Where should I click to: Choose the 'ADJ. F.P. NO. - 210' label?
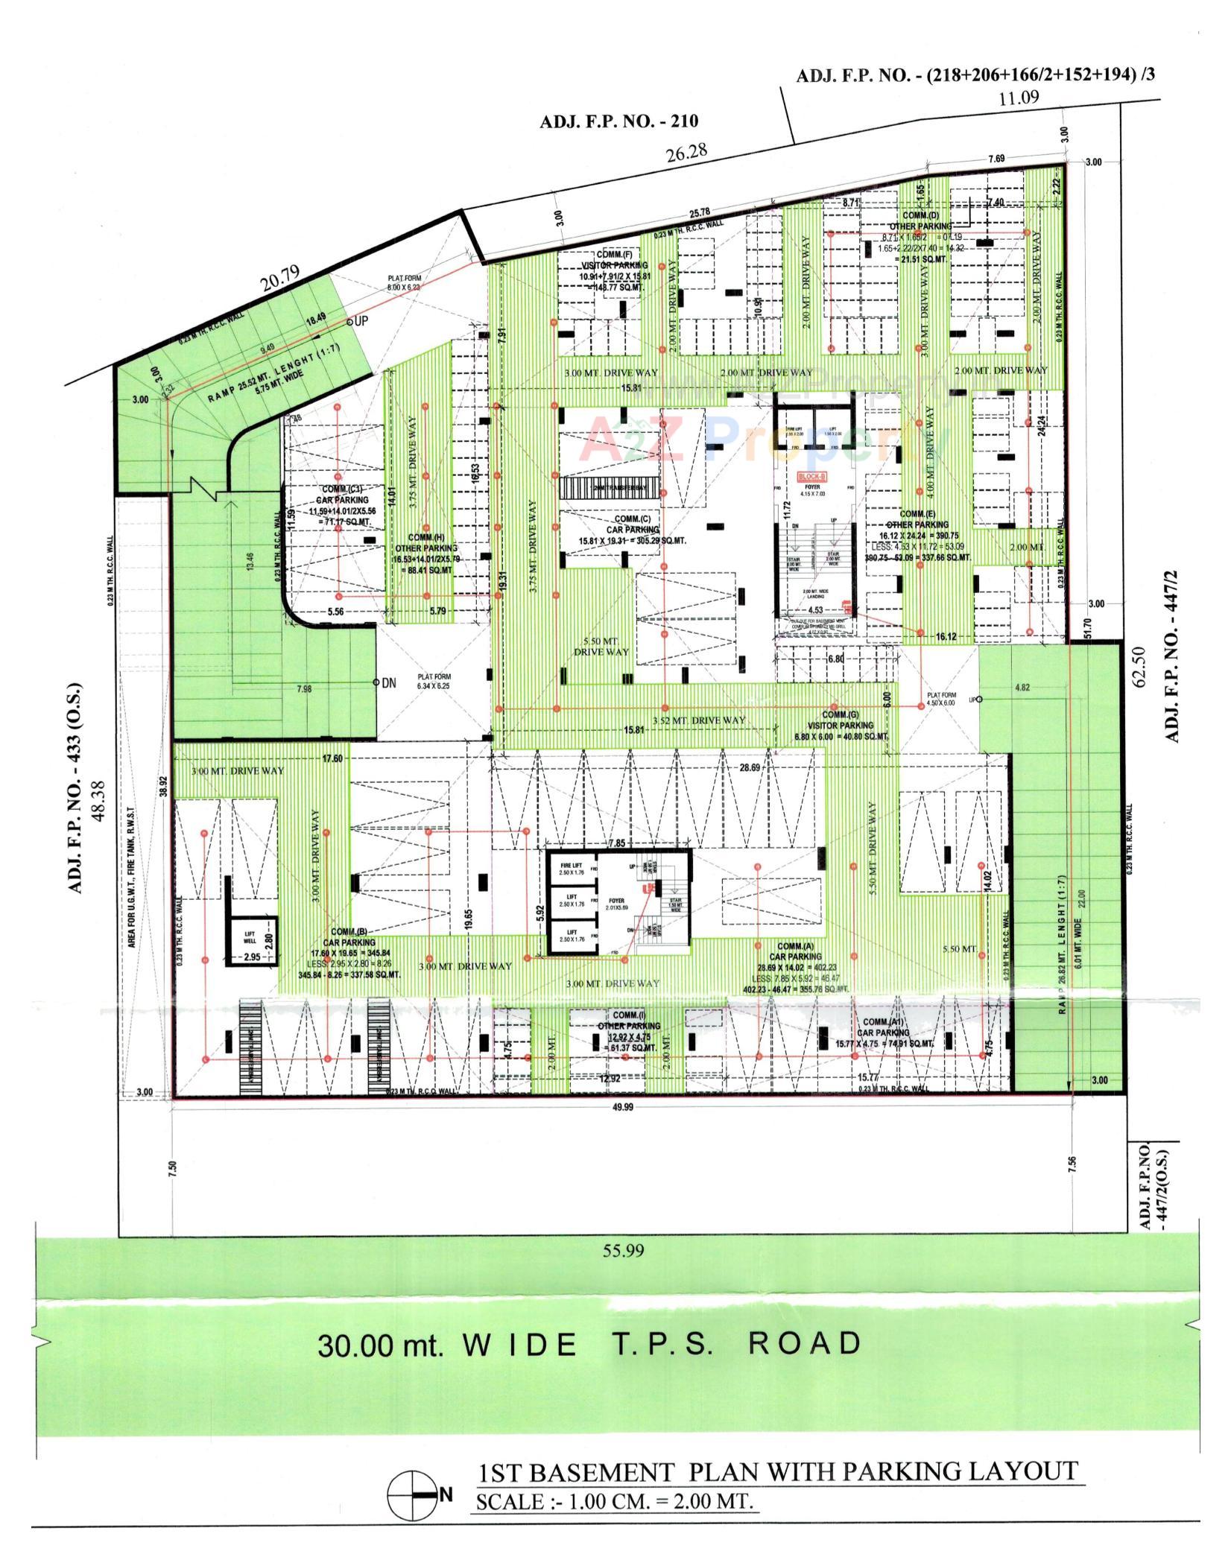618,121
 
